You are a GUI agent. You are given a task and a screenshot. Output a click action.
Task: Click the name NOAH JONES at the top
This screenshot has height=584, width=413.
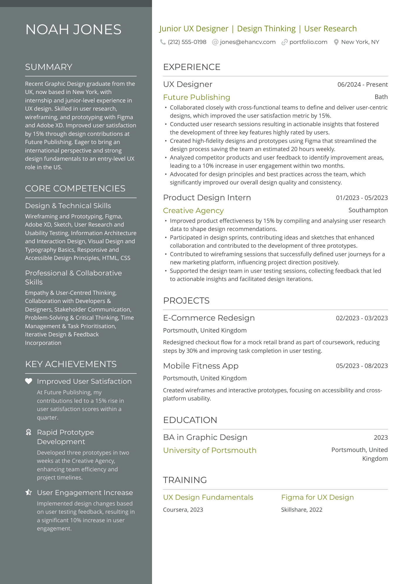pos(73,30)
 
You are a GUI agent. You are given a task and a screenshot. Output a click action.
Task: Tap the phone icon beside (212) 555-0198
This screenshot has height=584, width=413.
pos(163,42)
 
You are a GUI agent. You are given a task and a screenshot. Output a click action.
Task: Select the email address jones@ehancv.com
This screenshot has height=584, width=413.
pos(248,42)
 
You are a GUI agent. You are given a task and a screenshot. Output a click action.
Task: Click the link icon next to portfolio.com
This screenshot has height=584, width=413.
pos(284,42)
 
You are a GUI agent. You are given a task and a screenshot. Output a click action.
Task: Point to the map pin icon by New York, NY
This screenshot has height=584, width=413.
pos(336,42)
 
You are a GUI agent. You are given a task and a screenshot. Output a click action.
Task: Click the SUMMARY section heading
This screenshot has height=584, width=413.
pos(49,67)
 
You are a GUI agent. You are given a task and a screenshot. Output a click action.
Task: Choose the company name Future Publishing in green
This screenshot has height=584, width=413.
pos(197,97)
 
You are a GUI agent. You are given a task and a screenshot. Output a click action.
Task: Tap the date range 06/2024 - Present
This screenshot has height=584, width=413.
pos(362,85)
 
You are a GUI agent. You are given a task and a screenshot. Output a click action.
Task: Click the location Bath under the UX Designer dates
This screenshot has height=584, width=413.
pos(381,97)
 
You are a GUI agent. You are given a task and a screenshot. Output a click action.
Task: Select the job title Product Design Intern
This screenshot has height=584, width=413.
pos(207,198)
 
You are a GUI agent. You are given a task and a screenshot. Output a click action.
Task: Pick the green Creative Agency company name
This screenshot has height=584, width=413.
pos(193,210)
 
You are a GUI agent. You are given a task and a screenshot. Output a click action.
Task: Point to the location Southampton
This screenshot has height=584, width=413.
pos(368,210)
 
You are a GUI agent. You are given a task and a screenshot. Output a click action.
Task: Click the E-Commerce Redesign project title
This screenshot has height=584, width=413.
pos(209,318)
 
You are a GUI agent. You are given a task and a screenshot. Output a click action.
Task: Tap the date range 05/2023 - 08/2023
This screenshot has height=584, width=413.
pos(362,366)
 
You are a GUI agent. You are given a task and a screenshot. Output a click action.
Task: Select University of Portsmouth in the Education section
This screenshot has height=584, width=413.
pos(210,450)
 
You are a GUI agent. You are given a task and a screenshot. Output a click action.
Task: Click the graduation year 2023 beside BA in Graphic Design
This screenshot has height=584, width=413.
pos(380,438)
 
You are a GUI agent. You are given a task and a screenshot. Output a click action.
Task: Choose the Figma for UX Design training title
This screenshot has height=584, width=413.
pos(318,497)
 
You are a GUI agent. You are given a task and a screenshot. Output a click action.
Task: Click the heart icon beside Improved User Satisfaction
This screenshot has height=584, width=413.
pos(28,381)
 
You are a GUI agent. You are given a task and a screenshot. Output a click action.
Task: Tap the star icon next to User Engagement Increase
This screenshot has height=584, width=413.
pos(28,492)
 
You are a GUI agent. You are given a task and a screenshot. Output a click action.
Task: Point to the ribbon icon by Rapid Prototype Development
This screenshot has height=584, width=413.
pos(28,432)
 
